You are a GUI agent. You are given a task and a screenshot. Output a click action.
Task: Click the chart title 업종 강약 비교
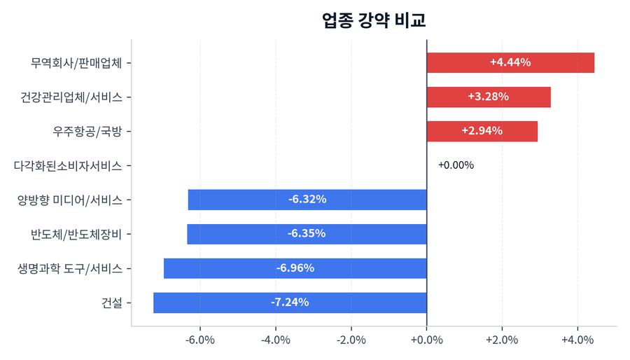tap(374, 20)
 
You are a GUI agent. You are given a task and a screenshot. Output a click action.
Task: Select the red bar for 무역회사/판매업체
tap(510, 63)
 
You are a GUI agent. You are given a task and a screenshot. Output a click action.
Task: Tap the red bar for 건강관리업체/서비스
tap(489, 97)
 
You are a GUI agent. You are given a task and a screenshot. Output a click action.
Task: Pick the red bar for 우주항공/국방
tap(482, 131)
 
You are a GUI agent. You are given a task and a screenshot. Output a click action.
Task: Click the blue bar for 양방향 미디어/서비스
tap(307, 200)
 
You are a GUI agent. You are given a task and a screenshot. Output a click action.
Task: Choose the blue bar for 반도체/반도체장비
tap(307, 234)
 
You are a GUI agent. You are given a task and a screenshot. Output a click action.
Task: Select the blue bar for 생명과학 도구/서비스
tap(295, 268)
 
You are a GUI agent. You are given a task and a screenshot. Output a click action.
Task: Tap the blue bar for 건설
tap(290, 303)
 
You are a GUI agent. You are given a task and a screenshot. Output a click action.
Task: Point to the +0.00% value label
tap(456, 166)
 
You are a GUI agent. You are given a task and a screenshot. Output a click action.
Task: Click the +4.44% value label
tap(510, 63)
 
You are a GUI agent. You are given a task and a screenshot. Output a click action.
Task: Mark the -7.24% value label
tap(290, 303)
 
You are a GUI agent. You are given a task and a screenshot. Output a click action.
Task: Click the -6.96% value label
tap(295, 268)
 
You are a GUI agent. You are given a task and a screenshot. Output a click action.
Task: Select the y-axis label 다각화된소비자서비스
tap(68, 166)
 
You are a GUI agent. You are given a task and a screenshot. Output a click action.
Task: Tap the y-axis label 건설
tap(111, 303)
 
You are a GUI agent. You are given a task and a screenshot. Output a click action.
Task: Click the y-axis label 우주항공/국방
tap(87, 131)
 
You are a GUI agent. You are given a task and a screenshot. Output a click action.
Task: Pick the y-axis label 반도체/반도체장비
tap(77, 234)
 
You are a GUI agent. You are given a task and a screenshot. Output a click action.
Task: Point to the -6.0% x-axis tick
tap(200, 340)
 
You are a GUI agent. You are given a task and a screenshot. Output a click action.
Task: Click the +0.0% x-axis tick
tap(426, 340)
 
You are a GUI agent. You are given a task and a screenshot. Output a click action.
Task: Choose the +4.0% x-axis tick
tap(577, 340)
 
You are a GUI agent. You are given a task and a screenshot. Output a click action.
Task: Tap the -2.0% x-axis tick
tap(351, 340)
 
